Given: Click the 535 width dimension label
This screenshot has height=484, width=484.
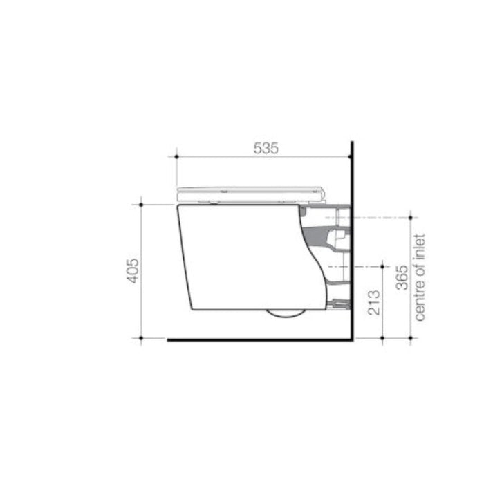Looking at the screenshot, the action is point(266,148).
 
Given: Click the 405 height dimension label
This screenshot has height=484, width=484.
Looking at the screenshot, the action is point(133,271).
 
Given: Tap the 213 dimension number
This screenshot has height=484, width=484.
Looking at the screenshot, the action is point(374,302).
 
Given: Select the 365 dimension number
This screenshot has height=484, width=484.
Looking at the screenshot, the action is point(402,277).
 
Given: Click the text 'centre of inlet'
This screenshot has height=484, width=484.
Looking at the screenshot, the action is point(420,277).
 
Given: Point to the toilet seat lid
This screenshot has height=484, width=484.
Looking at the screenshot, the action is point(250,194).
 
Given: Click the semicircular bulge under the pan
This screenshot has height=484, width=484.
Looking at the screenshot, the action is point(286,313).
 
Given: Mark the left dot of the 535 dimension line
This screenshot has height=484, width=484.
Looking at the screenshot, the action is point(176,156).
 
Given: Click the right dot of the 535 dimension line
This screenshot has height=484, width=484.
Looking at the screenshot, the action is point(350,156).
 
